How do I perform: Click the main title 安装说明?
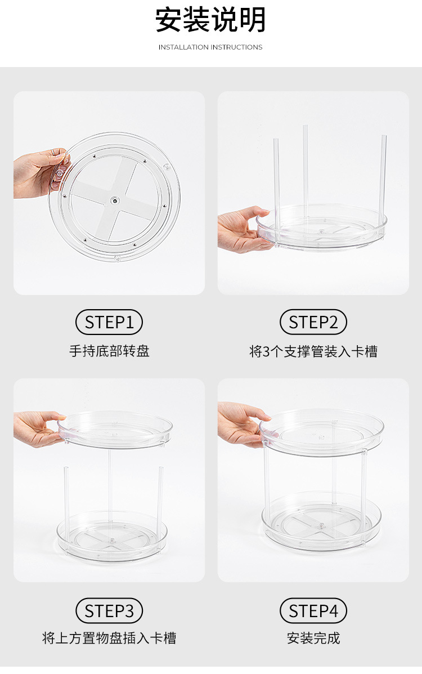coord(210,20)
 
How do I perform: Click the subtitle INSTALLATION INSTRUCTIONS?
coord(210,47)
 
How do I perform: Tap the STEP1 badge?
coord(109,323)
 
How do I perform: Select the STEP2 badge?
coord(313,323)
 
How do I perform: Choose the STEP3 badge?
coord(109,611)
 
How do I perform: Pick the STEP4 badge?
coord(313,611)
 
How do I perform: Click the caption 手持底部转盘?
coord(109,352)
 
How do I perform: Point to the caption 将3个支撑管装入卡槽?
coord(313,352)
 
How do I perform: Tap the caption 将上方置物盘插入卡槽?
coord(109,639)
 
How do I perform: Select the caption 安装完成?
coord(313,639)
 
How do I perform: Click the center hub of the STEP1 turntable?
coord(115,200)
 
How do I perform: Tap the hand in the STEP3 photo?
coord(35,428)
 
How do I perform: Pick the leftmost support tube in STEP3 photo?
coord(66,496)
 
